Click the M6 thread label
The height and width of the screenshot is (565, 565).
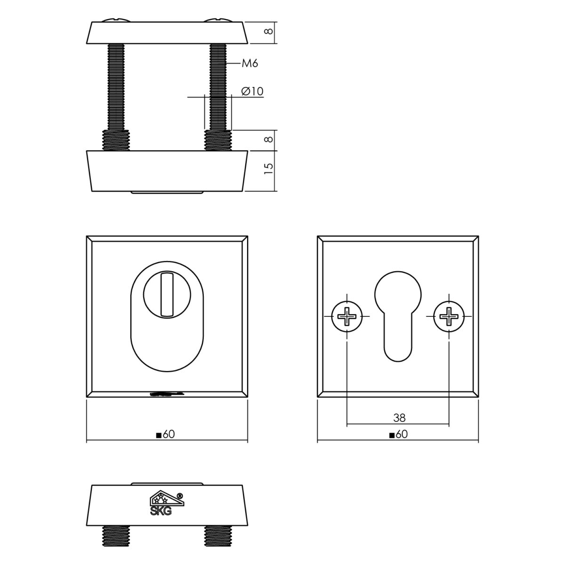[x=250, y=64]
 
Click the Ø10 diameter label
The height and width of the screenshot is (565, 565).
[x=252, y=91]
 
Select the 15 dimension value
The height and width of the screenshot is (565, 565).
[x=268, y=169]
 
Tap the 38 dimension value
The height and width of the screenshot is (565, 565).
[x=399, y=418]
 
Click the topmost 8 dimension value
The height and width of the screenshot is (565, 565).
[x=268, y=31]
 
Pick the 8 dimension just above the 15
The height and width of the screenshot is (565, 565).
[x=268, y=139]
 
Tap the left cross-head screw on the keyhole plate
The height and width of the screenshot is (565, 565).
[x=347, y=316]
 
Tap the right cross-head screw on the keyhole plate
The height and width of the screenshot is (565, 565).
[x=449, y=316]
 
